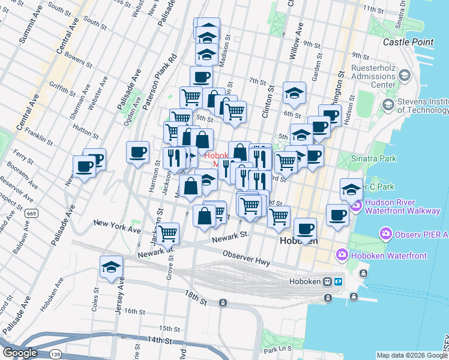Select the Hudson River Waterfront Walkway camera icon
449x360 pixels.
[356, 207]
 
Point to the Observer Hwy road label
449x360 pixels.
[246, 259]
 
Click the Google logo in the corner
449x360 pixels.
[20, 353]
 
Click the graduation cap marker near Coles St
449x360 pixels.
[112, 267]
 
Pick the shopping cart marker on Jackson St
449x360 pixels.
[169, 232]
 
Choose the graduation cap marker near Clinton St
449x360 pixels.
[294, 93]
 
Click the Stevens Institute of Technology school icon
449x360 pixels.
[388, 104]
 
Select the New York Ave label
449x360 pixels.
[117, 226]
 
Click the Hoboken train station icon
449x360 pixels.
[328, 281]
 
